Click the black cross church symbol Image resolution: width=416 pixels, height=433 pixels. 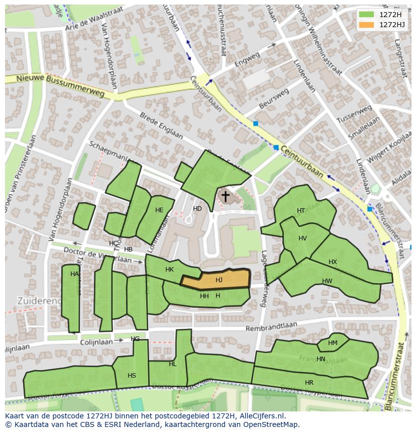pyautogui.click(x=226, y=196)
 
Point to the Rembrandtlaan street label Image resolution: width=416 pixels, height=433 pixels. pyautogui.click(x=271, y=327)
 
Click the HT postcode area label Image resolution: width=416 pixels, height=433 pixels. pyautogui.click(x=301, y=211)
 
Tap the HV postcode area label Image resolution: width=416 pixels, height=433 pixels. pyautogui.click(x=302, y=238)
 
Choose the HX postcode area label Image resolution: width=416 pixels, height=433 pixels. pyautogui.click(x=333, y=262)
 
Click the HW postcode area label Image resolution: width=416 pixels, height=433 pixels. pyautogui.click(x=327, y=281)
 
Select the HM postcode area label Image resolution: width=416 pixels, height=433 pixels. pyautogui.click(x=333, y=343)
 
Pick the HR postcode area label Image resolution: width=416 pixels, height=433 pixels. pyautogui.click(x=309, y=383)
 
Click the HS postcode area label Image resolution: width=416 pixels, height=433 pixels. pyautogui.click(x=132, y=376)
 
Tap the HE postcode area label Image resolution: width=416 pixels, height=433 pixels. pyautogui.click(x=159, y=210)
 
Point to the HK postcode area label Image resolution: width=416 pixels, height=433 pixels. pyautogui.click(x=169, y=270)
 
